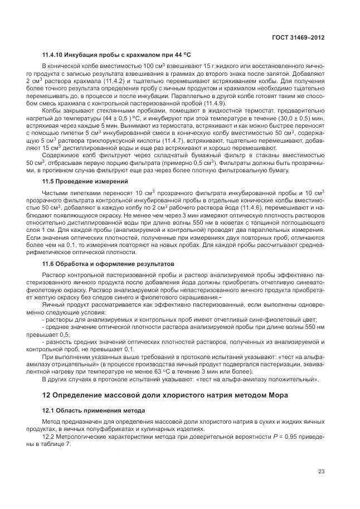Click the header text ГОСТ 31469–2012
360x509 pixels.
click(298, 37)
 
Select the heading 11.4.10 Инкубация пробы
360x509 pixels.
click(116, 55)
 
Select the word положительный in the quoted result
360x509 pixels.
click(289, 380)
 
